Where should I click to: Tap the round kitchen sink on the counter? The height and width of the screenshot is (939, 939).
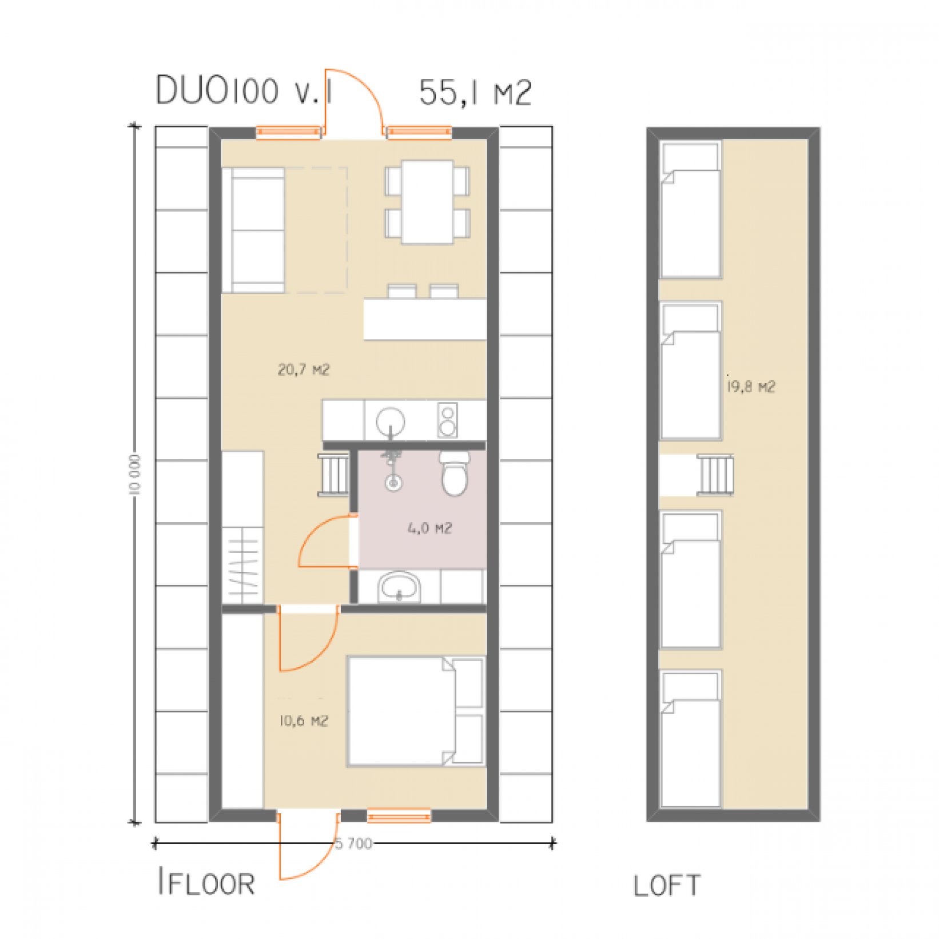(x=391, y=422)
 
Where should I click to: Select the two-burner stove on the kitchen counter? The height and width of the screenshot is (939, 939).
(x=448, y=420)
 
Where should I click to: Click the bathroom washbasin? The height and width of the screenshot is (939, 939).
(x=399, y=587)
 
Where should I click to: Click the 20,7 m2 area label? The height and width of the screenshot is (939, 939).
(x=304, y=370)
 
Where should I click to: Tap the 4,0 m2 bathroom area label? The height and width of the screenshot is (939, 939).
(x=429, y=528)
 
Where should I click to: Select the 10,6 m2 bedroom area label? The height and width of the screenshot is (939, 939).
(x=304, y=721)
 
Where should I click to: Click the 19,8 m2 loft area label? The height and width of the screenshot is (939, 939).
(x=751, y=387)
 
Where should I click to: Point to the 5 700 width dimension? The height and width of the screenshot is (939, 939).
(x=353, y=843)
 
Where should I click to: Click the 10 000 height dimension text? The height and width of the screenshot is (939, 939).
(x=134, y=474)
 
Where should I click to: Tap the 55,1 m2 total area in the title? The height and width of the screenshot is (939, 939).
(x=475, y=93)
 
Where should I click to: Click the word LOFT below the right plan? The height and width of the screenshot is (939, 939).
(x=667, y=886)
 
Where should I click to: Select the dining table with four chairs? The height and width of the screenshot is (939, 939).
(x=428, y=202)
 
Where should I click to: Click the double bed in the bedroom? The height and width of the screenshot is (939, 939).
(x=416, y=711)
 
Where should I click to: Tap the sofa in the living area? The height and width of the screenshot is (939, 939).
(x=253, y=230)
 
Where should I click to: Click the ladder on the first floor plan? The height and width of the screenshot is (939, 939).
(x=334, y=474)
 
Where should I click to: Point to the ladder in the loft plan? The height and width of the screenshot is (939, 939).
(x=715, y=475)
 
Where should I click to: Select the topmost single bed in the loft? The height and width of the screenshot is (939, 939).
(x=691, y=209)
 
